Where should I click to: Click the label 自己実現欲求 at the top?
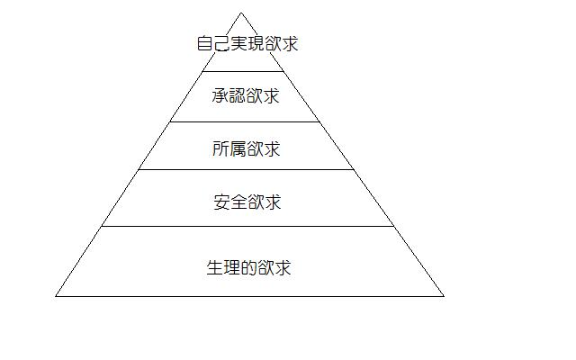click(x=247, y=43)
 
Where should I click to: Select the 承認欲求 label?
click(x=246, y=96)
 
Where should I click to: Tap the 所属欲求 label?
click(x=246, y=148)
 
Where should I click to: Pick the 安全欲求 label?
click(x=247, y=202)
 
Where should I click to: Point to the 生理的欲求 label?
click(x=248, y=267)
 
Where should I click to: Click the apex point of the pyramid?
click(x=241, y=13)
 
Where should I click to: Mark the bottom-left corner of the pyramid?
click(x=56, y=296)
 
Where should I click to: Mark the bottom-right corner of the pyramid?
click(x=444, y=296)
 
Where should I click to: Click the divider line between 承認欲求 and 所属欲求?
click(x=245, y=122)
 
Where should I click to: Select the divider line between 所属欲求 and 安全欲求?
click(x=246, y=170)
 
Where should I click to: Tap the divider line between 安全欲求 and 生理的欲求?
click(x=247, y=226)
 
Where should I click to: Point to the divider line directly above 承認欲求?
click(x=243, y=71)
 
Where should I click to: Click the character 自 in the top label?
click(x=205, y=43)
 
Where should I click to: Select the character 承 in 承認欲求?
click(x=220, y=96)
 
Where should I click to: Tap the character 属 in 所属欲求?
click(x=238, y=148)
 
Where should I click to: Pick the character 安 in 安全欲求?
click(x=222, y=202)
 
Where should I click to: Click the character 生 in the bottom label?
click(x=215, y=267)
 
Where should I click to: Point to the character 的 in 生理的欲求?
click(x=248, y=267)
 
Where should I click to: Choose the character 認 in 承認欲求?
click(x=238, y=96)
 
